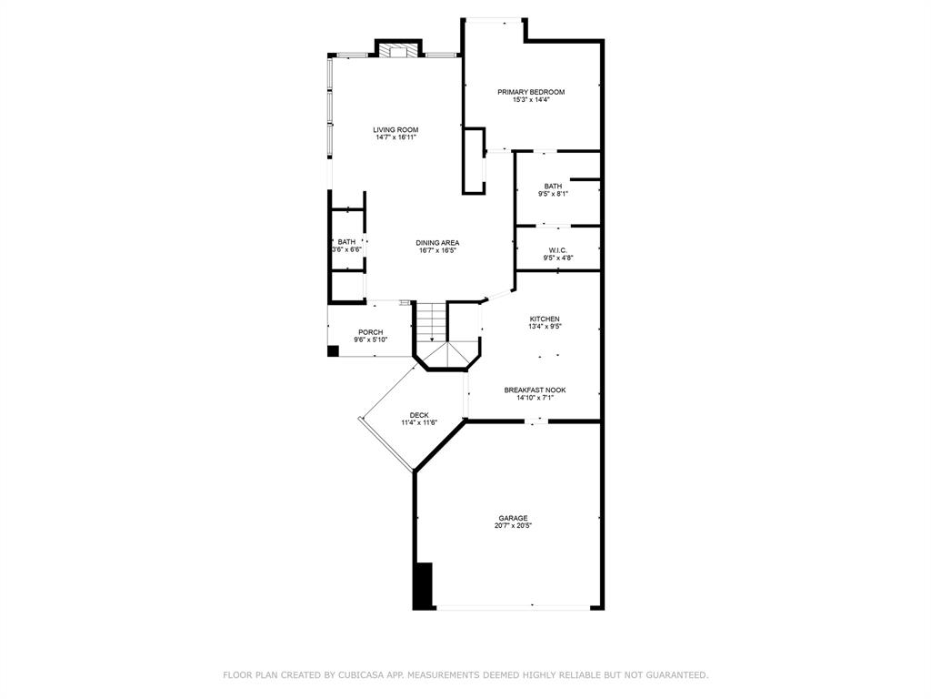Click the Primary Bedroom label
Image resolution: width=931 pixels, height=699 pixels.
[531, 92]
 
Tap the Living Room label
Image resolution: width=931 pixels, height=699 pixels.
[395, 129]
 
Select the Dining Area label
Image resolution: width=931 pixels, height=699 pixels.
[437, 242]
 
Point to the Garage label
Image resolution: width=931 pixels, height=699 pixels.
[513, 518]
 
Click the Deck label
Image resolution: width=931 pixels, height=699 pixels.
[419, 415]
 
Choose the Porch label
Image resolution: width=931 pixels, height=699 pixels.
[371, 332]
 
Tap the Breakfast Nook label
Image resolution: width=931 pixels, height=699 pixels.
[535, 390]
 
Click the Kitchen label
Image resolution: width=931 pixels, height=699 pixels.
[545, 319]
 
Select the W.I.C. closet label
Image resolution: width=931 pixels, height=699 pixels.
[558, 250]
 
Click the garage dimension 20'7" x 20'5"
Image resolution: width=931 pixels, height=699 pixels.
[513, 526]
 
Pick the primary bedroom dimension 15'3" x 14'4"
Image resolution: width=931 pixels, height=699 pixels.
[531, 100]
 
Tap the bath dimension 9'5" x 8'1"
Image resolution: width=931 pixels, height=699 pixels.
[554, 194]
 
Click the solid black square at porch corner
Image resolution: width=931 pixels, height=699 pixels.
[333, 351]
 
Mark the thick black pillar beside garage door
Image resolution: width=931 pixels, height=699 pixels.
[423, 586]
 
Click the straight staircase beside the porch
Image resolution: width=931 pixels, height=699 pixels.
[430, 321]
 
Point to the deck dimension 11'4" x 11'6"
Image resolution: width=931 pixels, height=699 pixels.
[419, 423]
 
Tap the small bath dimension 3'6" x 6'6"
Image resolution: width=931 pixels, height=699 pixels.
[346, 249]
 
